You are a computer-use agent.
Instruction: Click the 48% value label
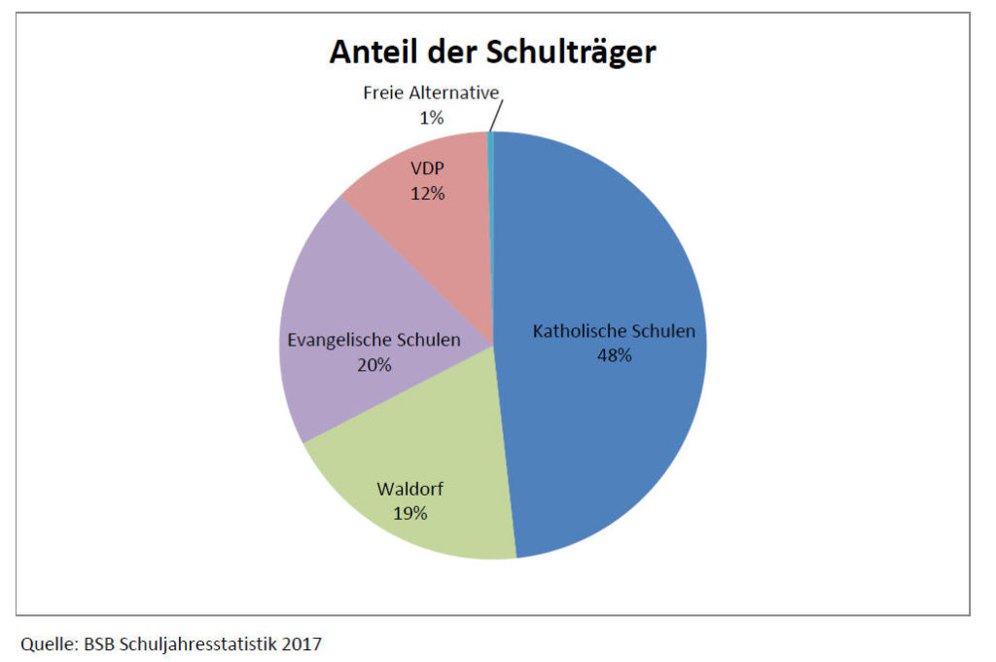tap(614, 355)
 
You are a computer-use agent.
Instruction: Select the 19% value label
tap(409, 513)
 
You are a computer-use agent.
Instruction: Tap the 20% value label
tap(373, 365)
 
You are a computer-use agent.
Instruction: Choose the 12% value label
tap(427, 194)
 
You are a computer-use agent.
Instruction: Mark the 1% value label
tap(431, 118)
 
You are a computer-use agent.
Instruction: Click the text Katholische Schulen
tap(614, 331)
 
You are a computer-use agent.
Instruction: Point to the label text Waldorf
tap(409, 489)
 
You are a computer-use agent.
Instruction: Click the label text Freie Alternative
tap(431, 93)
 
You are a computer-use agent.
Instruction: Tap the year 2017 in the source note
tap(302, 644)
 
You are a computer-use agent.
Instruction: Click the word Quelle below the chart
tap(45, 644)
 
